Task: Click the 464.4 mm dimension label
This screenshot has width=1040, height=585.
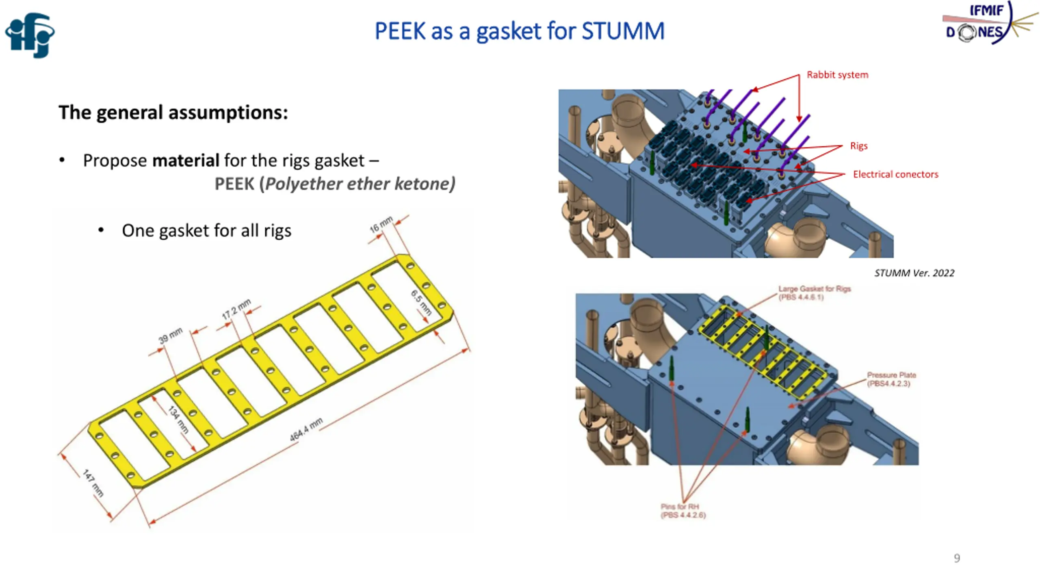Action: (306, 429)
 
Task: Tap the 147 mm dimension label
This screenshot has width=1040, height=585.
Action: (93, 483)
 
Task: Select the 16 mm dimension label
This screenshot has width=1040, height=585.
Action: (381, 225)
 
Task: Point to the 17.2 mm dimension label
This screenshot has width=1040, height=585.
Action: (236, 309)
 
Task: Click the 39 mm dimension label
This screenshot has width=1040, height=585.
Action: (170, 336)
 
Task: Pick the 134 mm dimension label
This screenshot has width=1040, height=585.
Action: (178, 419)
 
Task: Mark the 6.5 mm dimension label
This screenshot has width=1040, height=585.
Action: (421, 303)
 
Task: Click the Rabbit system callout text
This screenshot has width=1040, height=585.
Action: (837, 75)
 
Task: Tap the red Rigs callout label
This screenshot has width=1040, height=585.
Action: (859, 146)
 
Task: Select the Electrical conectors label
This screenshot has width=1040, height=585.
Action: (896, 174)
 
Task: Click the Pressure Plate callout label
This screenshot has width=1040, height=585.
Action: (891, 379)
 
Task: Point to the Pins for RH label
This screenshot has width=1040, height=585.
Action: (683, 511)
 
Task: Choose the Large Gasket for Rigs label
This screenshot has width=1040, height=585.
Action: (815, 293)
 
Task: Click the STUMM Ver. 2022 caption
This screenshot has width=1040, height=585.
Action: (914, 273)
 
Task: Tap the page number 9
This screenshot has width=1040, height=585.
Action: (957, 558)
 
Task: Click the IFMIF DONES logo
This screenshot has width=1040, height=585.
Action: (990, 23)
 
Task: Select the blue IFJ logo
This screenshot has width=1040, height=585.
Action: (30, 35)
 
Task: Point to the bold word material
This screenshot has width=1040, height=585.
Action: (186, 160)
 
